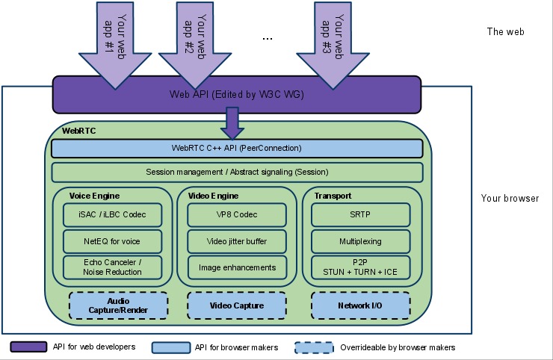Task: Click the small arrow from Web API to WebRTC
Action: coord(232,122)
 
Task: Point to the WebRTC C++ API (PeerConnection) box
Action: coord(236,148)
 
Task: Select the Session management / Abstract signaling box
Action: coord(236,173)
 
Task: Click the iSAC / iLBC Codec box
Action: coord(112,215)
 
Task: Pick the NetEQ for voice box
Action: coord(112,241)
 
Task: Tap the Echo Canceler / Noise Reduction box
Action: coord(112,267)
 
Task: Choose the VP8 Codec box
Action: coord(236,215)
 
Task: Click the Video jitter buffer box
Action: coord(236,241)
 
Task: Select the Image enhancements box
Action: coord(236,267)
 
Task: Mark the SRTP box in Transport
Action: coord(361,215)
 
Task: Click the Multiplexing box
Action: coord(361,241)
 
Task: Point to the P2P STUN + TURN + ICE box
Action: coord(361,267)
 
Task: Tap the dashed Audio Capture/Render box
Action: coord(118,305)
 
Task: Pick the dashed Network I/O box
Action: coord(361,305)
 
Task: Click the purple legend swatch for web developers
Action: coord(29,347)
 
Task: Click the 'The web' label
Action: coord(505,32)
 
